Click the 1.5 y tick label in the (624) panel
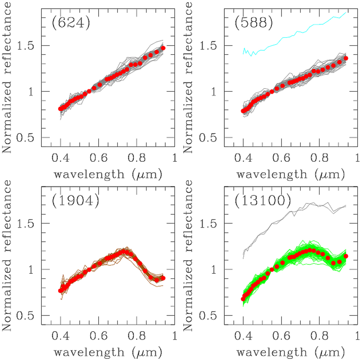point(26,46)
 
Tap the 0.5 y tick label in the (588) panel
point(209,138)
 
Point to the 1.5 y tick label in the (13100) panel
point(209,223)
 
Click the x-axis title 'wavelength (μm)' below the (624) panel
point(108,174)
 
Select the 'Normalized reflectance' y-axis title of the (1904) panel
point(7,256)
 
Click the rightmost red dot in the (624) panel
point(163,48)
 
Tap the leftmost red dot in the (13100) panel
point(243,299)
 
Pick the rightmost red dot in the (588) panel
point(346,58)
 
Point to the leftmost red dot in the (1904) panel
point(60,291)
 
